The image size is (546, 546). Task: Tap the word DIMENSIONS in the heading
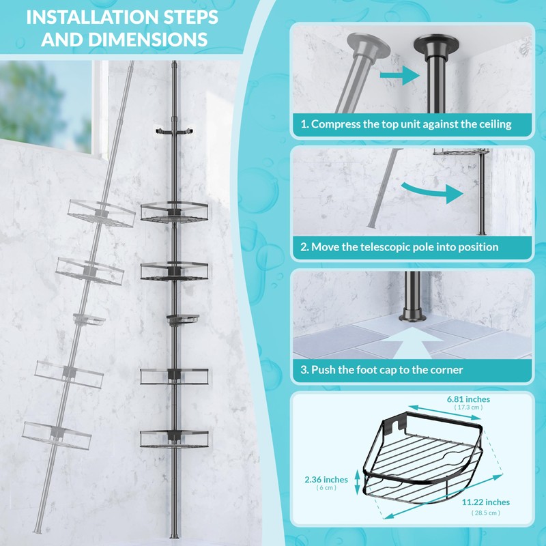pos(147,39)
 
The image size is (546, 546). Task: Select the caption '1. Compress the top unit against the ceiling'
pos(406,124)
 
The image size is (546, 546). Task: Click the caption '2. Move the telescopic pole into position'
pos(399,247)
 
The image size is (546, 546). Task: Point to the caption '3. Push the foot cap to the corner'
pos(382,369)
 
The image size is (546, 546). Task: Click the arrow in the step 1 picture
pos(399,76)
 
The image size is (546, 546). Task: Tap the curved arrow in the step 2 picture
pos(433,192)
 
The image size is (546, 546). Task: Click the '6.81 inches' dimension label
pos(468,399)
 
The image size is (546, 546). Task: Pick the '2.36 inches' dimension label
pos(326,480)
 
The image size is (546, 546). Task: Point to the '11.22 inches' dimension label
pos(486,502)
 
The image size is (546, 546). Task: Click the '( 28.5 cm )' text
pos(486,513)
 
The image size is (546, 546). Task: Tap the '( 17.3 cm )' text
pos(468,407)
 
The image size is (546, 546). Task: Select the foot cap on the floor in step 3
pos(413,315)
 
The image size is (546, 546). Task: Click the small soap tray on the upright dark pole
pos(183,319)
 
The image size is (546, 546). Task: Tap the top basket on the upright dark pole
pos(174,211)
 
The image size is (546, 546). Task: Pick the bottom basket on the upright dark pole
pos(174,438)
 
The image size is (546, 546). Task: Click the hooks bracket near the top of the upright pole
pos(174,131)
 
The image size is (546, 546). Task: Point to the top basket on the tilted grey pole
pos(101,214)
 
